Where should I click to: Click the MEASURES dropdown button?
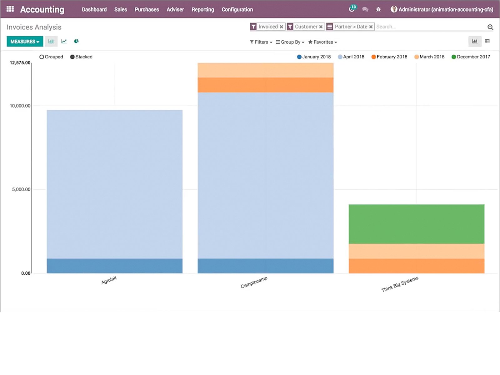click(x=25, y=42)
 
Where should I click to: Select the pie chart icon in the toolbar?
click(x=76, y=41)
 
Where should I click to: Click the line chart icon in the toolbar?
click(x=64, y=41)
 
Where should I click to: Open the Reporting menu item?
click(x=202, y=9)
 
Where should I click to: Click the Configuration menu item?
click(x=237, y=9)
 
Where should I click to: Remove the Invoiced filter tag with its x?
click(x=281, y=27)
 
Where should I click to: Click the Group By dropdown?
click(x=290, y=42)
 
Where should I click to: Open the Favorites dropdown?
click(x=322, y=42)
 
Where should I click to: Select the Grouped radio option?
click(x=42, y=57)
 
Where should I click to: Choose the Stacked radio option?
click(x=72, y=57)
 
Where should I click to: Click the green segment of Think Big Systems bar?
click(x=416, y=224)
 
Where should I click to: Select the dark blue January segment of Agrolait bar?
click(x=114, y=266)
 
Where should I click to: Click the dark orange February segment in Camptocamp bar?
click(x=265, y=85)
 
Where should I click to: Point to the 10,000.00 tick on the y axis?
click(x=20, y=106)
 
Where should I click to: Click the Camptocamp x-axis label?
click(x=254, y=282)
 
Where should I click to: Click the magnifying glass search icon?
click(x=490, y=27)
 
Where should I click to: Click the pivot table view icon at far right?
click(x=487, y=41)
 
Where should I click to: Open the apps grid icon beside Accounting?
click(x=10, y=9)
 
